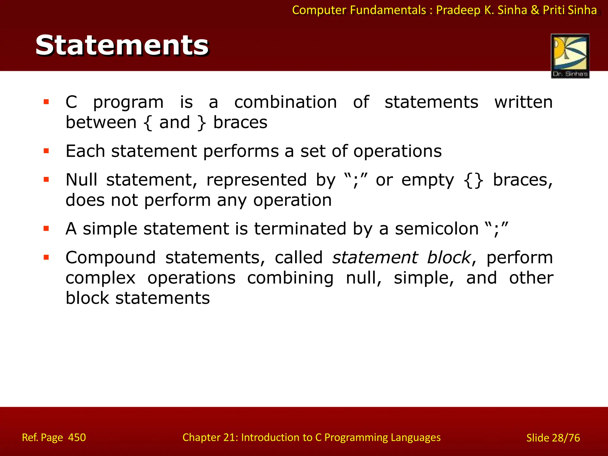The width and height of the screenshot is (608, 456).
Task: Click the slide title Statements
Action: pyautogui.click(x=122, y=45)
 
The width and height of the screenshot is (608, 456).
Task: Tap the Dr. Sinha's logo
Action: pyautogui.click(x=570, y=56)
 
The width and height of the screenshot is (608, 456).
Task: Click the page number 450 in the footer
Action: pyautogui.click(x=77, y=438)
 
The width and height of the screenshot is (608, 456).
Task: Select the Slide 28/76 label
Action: pyautogui.click(x=553, y=438)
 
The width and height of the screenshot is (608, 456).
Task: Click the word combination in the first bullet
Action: pyautogui.click(x=285, y=102)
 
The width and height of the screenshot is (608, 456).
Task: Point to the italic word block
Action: pyautogui.click(x=449, y=257)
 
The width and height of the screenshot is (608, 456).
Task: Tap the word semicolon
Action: pyautogui.click(x=436, y=229)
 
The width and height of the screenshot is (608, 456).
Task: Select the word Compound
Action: pyautogui.click(x=110, y=257)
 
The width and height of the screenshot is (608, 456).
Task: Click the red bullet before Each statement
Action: pyautogui.click(x=46, y=151)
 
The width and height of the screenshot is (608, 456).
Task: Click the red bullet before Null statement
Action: pyautogui.click(x=46, y=180)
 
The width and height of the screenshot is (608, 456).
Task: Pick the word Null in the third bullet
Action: pyautogui.click(x=81, y=180)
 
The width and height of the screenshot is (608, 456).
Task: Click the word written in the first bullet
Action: pyautogui.click(x=523, y=102)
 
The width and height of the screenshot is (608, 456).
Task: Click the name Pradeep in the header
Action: pyautogui.click(x=458, y=10)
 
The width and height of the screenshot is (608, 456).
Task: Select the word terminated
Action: pyautogui.click(x=300, y=229)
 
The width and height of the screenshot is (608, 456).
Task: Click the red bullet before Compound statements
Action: pyautogui.click(x=46, y=257)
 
